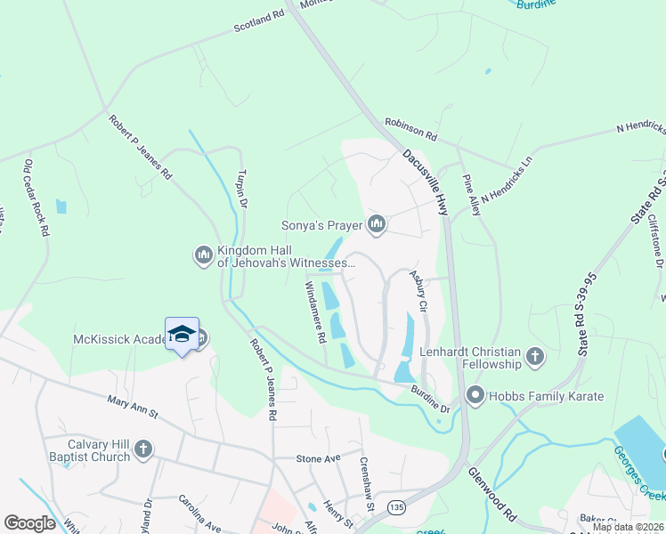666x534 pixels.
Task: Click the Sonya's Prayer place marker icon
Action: (x=377, y=224)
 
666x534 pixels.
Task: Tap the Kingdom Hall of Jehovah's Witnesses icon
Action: (x=203, y=256)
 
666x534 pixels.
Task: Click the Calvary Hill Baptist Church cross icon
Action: (x=143, y=451)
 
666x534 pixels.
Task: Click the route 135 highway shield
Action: (x=395, y=506)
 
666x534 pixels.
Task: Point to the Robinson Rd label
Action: (x=410, y=130)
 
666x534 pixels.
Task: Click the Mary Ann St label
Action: (x=132, y=408)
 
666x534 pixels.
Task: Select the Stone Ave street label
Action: (x=319, y=458)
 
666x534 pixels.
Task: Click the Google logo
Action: (x=29, y=523)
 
